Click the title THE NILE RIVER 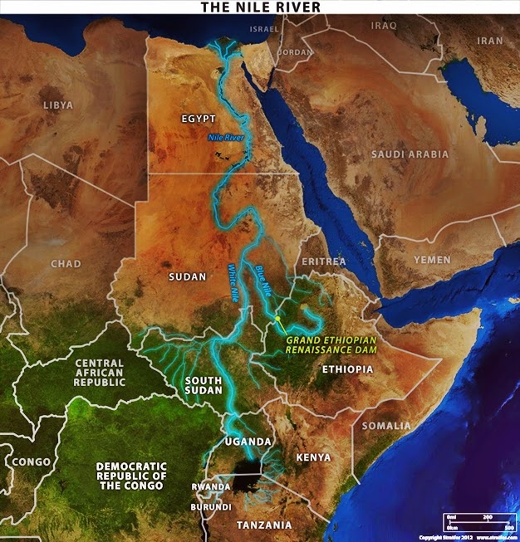point(259,7)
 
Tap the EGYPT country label point(199,119)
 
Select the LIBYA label point(57,105)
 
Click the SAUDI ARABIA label point(410,154)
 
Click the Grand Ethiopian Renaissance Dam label point(331,344)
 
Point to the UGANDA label point(248,441)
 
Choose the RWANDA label point(210,486)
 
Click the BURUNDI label point(210,505)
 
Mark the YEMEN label point(433,260)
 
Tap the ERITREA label point(324,261)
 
